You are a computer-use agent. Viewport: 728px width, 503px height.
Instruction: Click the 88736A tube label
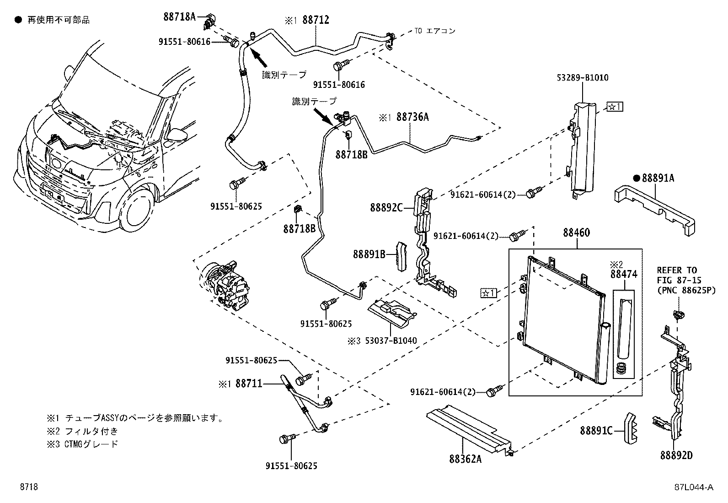[412, 117]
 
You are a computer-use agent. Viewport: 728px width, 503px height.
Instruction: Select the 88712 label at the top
[315, 20]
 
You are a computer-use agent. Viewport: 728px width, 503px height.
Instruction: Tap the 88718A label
[179, 17]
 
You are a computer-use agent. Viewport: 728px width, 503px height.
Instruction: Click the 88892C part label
[386, 208]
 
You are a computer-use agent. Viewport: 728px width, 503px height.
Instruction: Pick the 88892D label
[676, 455]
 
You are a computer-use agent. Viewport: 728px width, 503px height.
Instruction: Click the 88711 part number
[249, 384]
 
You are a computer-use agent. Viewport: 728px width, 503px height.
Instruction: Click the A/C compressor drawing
[225, 286]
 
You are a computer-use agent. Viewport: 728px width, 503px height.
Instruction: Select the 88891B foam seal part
[401, 256]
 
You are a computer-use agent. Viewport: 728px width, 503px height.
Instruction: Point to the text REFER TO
[677, 270]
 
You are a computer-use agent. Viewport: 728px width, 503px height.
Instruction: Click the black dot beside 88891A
[636, 178]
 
